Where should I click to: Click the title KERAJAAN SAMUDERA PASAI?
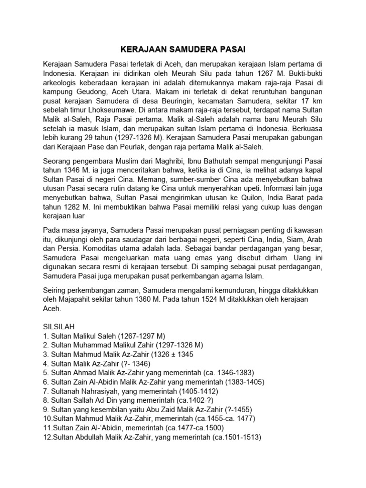coord(183,50)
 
